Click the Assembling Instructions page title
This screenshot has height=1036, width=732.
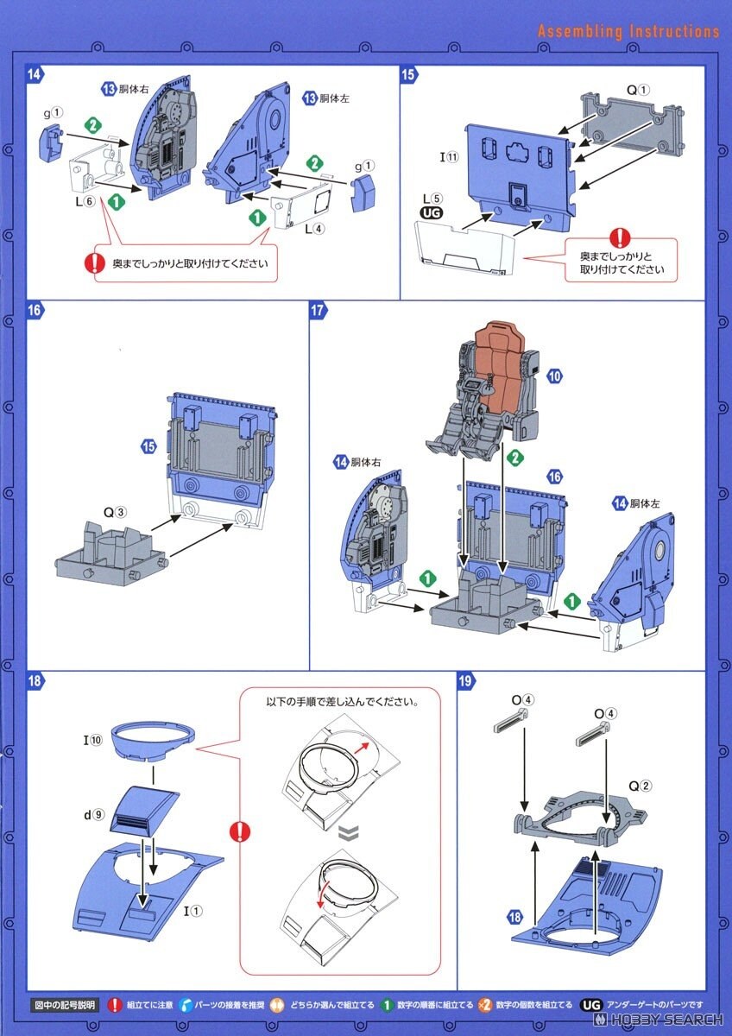628,32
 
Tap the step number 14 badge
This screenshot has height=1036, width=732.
35,74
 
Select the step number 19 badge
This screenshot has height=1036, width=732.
465,681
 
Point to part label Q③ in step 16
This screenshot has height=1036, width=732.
115,512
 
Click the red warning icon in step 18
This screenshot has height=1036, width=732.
239,831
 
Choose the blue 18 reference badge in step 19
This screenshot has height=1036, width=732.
516,918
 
